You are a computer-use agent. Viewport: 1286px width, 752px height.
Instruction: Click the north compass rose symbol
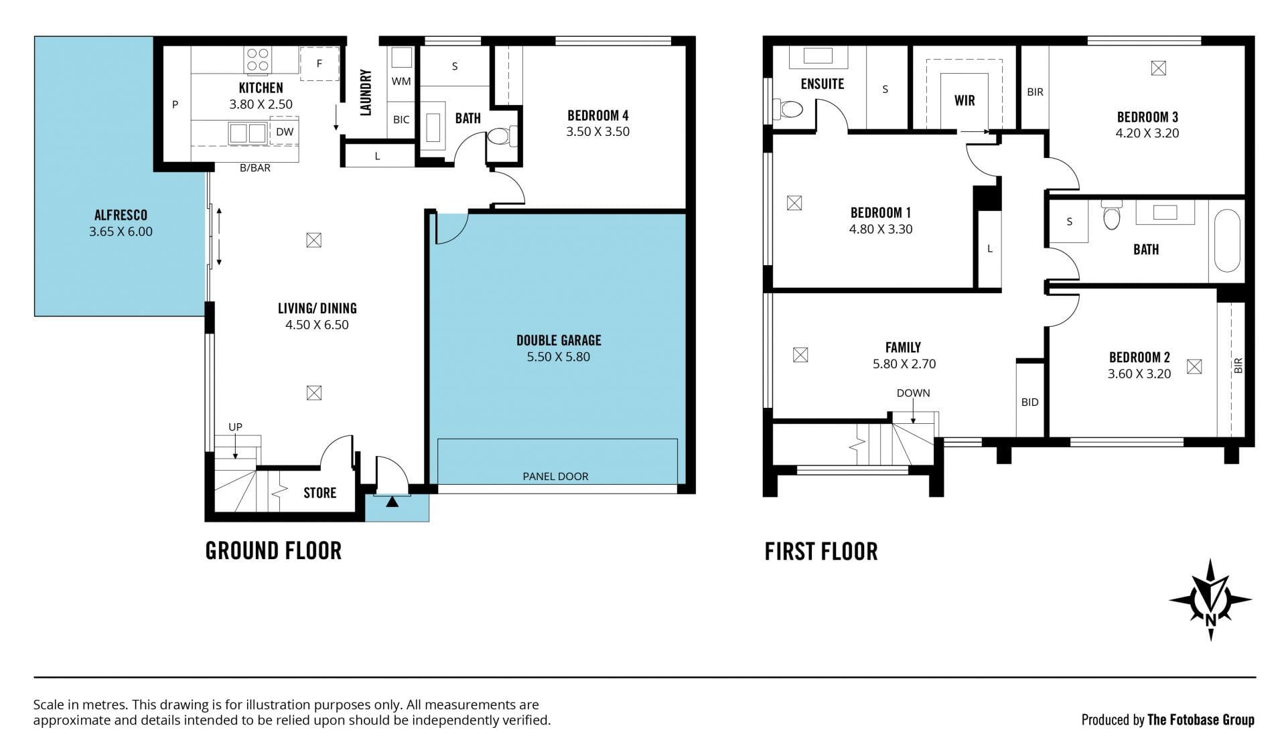pos(1210,600)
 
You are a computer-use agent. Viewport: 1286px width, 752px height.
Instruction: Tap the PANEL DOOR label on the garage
pos(555,477)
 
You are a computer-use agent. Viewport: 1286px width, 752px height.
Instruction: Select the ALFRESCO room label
pos(121,215)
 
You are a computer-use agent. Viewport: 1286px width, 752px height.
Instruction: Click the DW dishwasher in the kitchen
pos(285,132)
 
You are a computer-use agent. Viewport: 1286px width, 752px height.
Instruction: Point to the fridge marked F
pos(319,64)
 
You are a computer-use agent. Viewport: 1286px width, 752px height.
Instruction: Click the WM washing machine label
pos(401,82)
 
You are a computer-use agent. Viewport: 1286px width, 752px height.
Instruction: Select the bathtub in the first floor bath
pos(1227,241)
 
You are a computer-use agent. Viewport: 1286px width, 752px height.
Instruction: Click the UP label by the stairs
pos(235,427)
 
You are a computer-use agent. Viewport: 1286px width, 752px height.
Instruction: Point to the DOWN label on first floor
pos(913,393)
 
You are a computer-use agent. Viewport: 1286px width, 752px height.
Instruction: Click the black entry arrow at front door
pos(392,501)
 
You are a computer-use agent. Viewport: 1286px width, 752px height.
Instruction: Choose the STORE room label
pos(319,493)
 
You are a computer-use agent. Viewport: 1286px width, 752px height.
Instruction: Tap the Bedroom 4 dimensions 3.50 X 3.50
pos(597,132)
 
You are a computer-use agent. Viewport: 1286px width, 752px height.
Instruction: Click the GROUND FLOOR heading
pos(273,551)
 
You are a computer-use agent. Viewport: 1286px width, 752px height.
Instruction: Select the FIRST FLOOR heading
pos(821,552)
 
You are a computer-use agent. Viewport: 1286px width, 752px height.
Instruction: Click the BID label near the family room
pos(1029,402)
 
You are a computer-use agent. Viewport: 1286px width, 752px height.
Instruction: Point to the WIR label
pos(964,100)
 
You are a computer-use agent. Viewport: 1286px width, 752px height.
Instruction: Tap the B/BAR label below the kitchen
pos(255,168)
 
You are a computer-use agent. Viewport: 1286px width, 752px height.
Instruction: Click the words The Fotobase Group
pos(1201,720)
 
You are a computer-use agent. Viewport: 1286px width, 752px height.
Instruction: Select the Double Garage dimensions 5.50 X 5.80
pos(558,357)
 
